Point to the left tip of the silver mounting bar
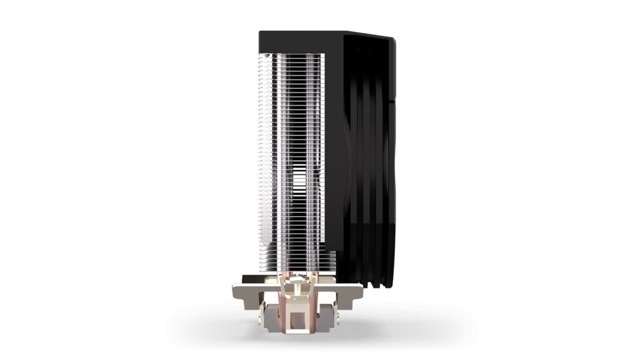click(x=235, y=292)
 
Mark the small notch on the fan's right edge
click(x=392, y=100)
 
